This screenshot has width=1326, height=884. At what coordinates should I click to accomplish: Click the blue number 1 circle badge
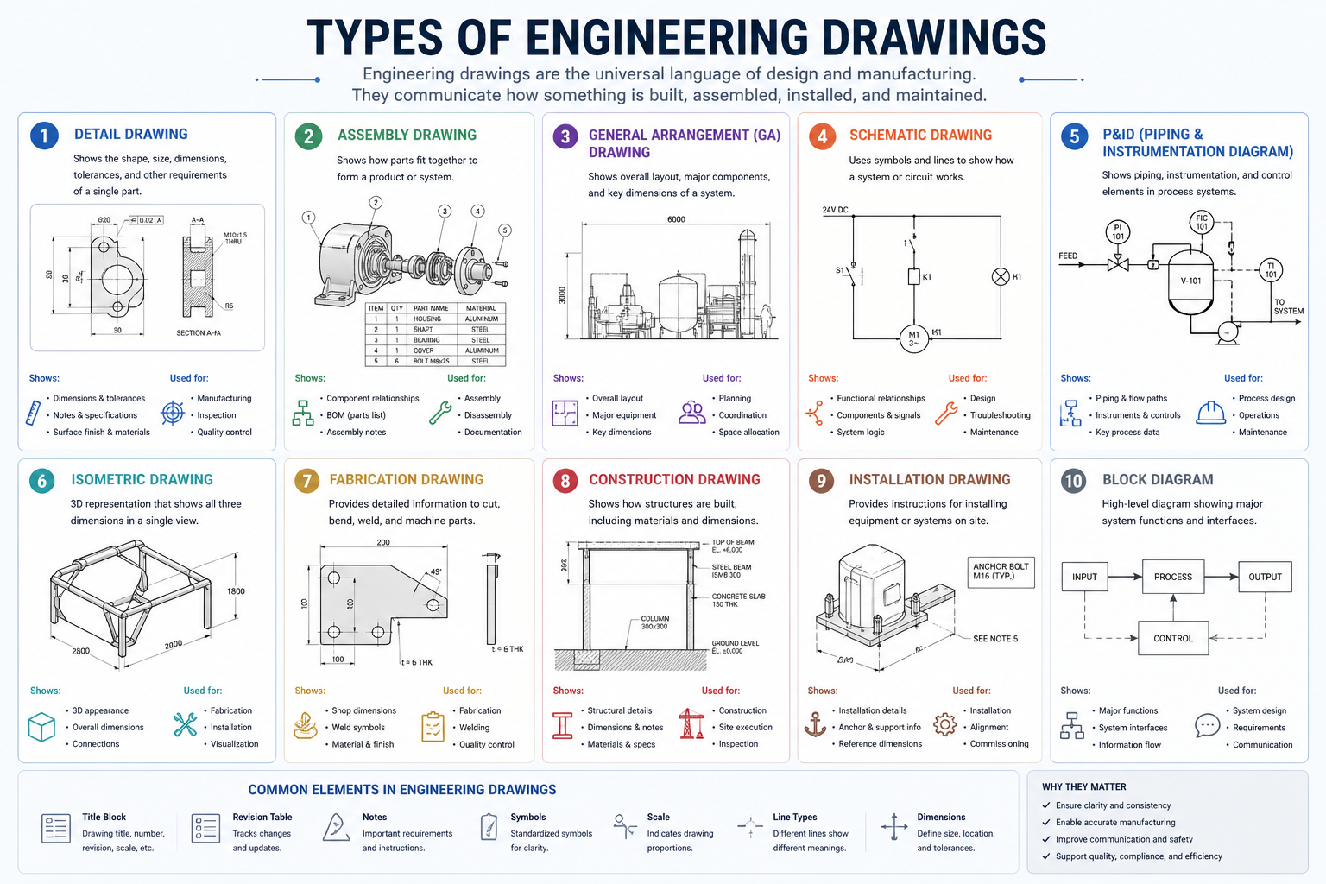(44, 136)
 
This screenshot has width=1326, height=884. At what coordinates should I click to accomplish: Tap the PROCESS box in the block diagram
(1172, 577)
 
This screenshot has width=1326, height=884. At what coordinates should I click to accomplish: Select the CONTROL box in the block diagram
(1172, 639)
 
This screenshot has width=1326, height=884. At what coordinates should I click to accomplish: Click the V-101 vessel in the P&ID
(1190, 281)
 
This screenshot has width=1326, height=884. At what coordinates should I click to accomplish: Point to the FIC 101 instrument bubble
(1201, 222)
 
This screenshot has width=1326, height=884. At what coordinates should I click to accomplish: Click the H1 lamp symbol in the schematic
(1000, 277)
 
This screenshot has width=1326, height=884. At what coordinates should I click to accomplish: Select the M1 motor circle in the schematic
(913, 338)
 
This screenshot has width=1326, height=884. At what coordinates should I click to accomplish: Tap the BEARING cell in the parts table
(426, 340)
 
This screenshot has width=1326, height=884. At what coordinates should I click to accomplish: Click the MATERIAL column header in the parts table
(481, 308)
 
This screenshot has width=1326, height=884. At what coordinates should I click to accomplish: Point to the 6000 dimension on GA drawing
(676, 219)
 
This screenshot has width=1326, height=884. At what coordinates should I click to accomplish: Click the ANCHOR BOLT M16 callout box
(1000, 571)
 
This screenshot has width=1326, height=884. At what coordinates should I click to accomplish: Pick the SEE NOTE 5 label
(994, 639)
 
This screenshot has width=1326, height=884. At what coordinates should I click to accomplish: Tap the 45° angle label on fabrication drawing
(436, 572)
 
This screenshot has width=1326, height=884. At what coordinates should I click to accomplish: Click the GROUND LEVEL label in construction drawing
(735, 647)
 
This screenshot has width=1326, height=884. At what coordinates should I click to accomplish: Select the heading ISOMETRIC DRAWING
(142, 480)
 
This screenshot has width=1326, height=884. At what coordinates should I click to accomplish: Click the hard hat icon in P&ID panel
(1210, 414)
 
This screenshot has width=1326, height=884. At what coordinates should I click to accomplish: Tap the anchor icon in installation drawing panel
(815, 724)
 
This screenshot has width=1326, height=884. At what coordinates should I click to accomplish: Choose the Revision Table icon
(205, 829)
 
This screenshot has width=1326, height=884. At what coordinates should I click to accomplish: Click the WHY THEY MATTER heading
(1083, 787)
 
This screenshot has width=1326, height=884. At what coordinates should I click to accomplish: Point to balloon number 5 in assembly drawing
(505, 230)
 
